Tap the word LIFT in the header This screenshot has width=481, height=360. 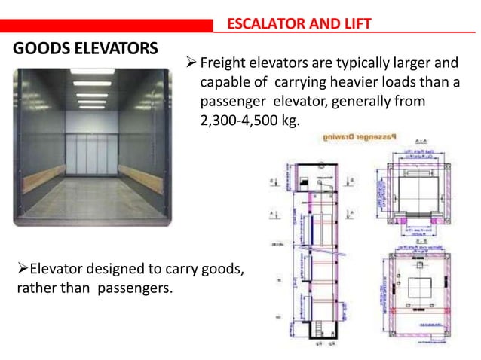tap(355, 24)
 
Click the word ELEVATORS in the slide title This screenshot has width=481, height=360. tap(112, 50)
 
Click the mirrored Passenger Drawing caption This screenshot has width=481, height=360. tap(362, 139)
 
